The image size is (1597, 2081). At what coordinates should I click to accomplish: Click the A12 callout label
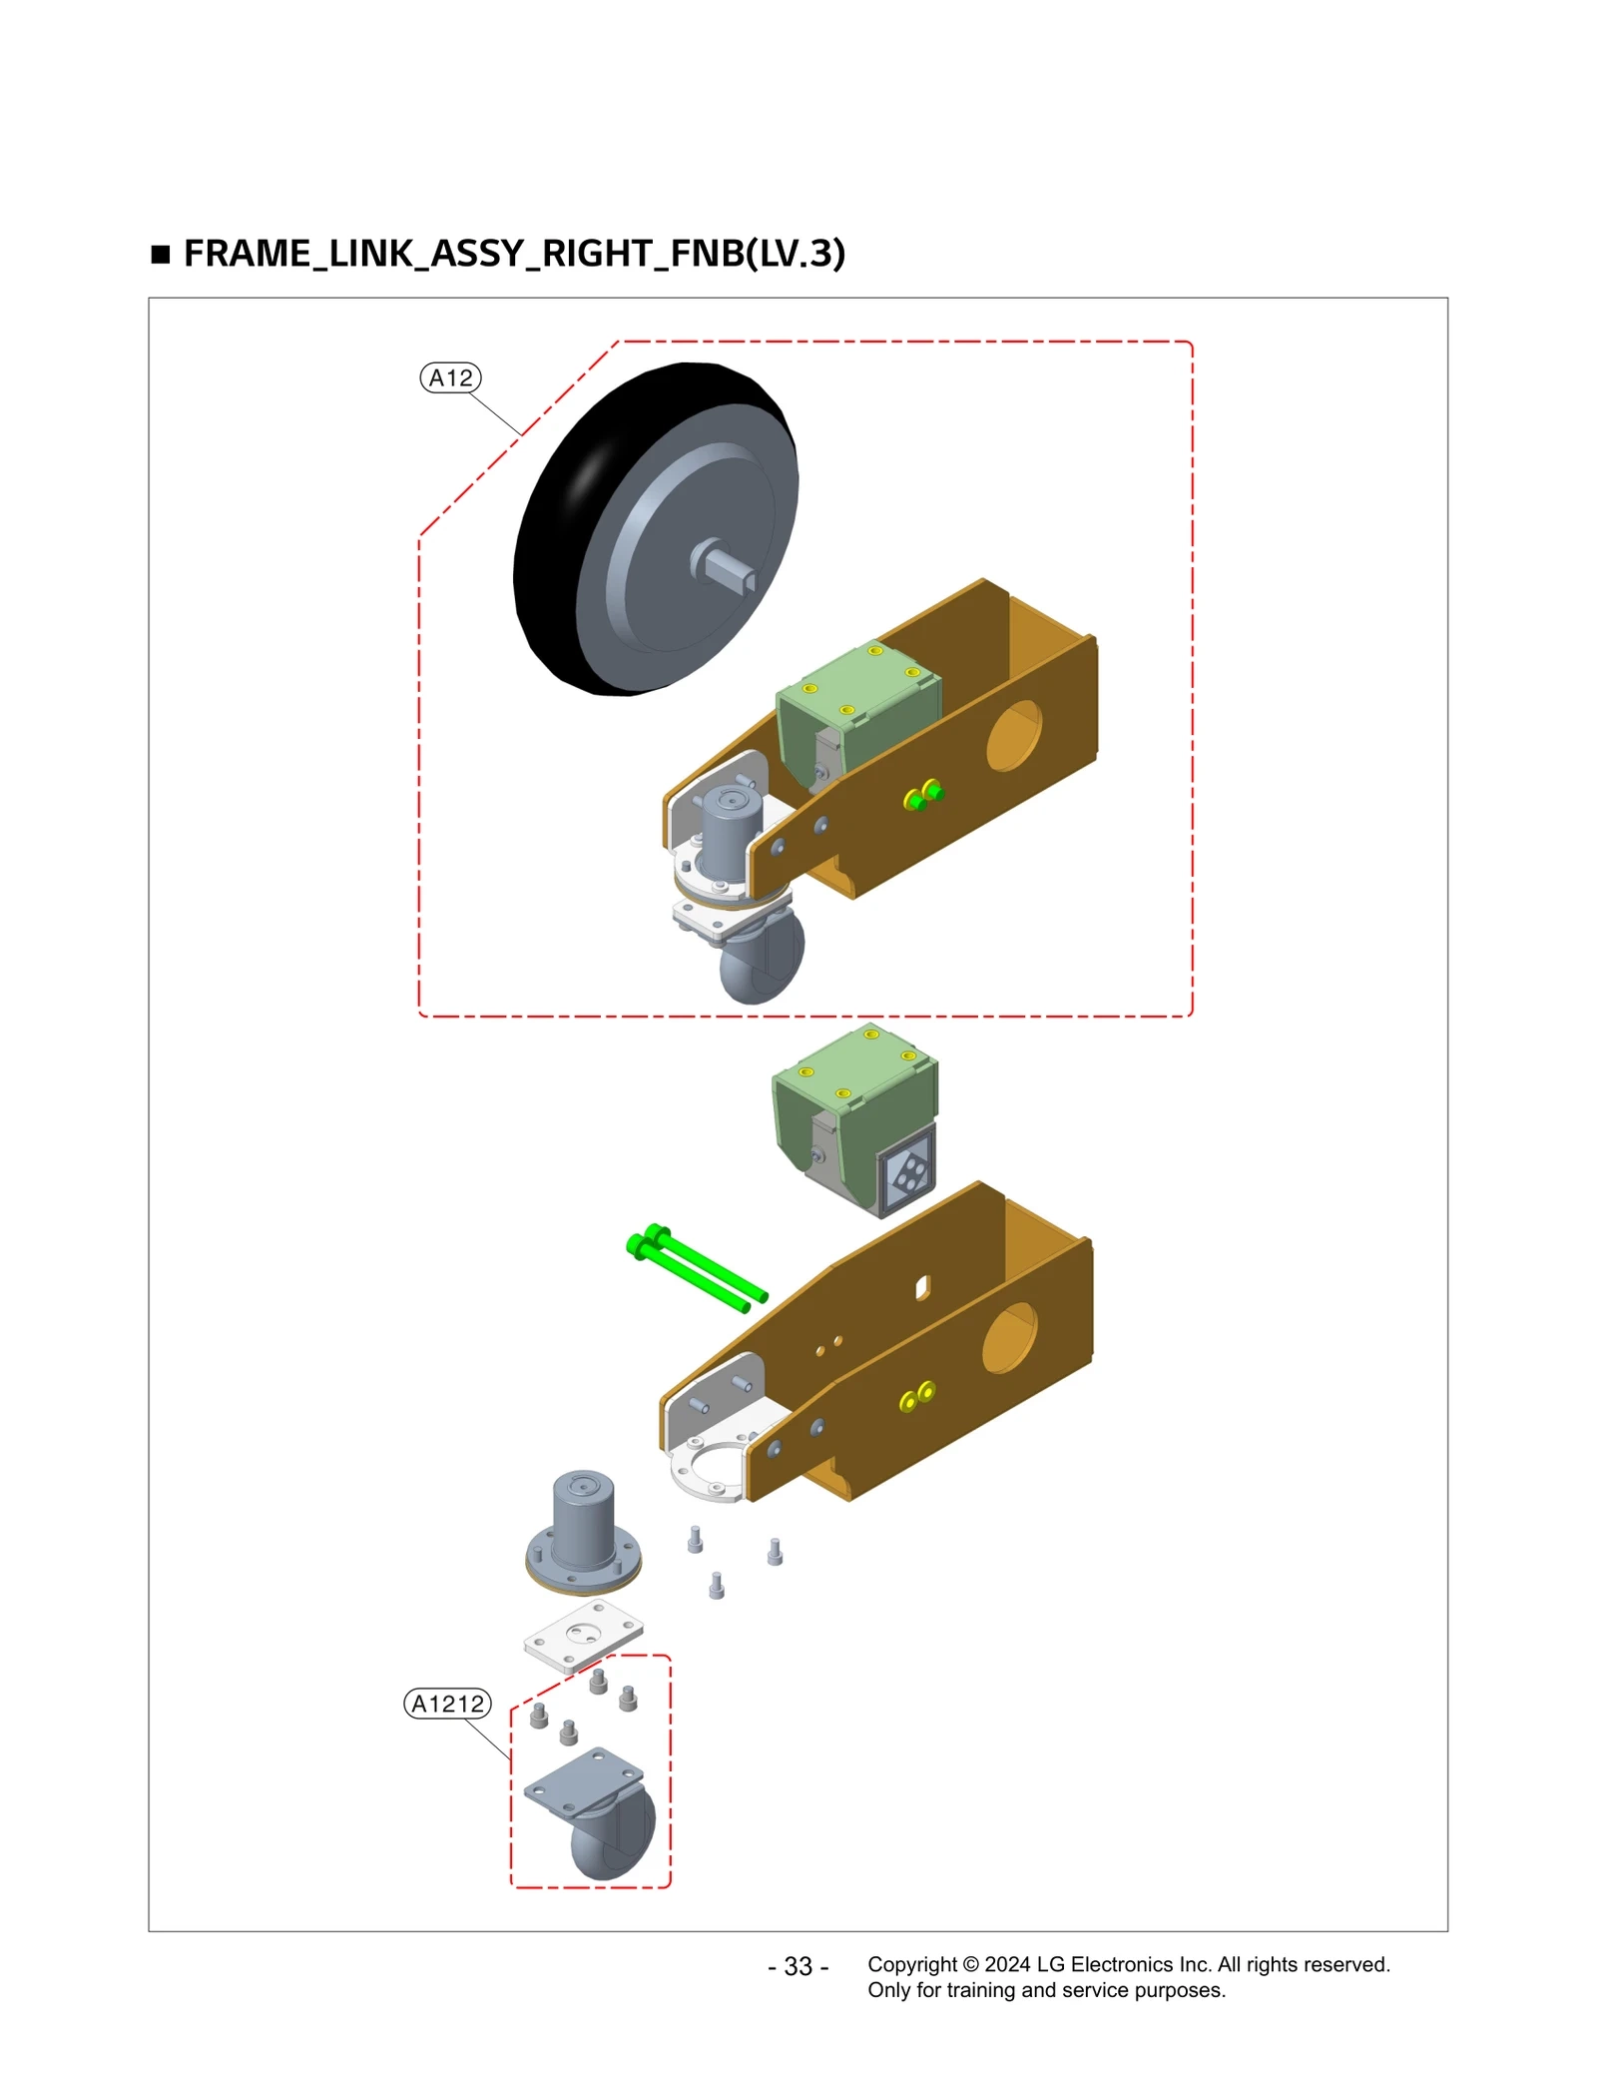[450, 377]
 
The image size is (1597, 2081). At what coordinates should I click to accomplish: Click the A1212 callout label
[447, 1703]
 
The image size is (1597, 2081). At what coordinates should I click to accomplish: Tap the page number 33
[798, 1965]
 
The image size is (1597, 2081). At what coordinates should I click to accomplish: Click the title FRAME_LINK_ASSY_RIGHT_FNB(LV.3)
[514, 254]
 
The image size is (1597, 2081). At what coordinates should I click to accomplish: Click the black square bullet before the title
[161, 255]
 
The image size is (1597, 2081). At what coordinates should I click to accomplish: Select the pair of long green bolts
[696, 1268]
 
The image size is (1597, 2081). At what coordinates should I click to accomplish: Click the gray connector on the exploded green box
[906, 1171]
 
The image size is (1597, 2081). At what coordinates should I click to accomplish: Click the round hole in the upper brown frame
[1013, 735]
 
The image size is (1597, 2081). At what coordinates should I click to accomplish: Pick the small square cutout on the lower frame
[922, 1288]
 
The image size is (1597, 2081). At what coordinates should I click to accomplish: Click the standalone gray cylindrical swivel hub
[583, 1528]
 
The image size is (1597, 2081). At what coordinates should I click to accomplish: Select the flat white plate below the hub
[583, 1636]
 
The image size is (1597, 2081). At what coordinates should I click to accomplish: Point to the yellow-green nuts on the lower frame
[916, 1395]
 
